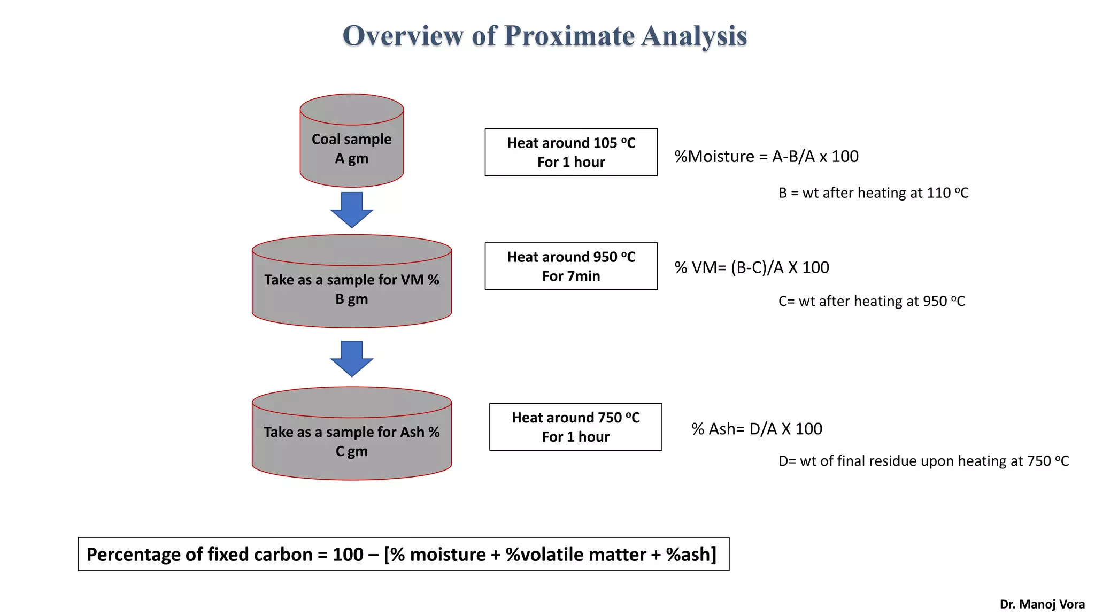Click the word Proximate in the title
click(569, 36)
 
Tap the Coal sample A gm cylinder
click(351, 148)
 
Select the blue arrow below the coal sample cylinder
click(351, 209)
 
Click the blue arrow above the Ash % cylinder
click(351, 358)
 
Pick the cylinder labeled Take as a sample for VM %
click(351, 289)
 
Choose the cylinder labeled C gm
click(351, 441)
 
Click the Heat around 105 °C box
click(571, 152)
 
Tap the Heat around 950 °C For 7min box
click(571, 266)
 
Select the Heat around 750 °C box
click(575, 427)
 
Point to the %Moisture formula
click(766, 157)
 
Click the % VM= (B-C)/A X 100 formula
click(752, 267)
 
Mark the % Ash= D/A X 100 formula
click(757, 429)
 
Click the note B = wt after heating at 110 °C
click(873, 193)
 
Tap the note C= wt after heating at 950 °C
click(872, 301)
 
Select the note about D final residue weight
click(923, 461)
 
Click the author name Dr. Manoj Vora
click(1042, 604)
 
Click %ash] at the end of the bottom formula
click(691, 555)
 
